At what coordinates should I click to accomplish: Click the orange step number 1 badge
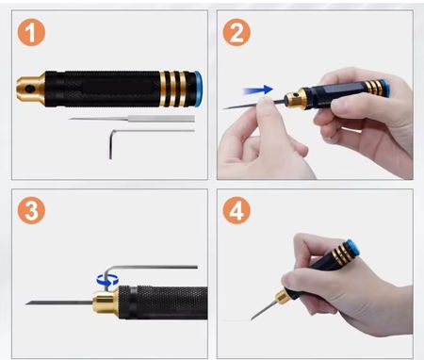pyautogui.click(x=31, y=32)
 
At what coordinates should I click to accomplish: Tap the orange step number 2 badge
pyautogui.click(x=236, y=32)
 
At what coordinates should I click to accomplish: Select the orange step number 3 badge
pyautogui.click(x=31, y=210)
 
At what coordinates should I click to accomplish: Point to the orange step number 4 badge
pyautogui.click(x=236, y=210)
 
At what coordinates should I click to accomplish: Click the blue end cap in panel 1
pyautogui.click(x=198, y=89)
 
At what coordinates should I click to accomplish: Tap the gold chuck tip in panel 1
pyautogui.click(x=30, y=89)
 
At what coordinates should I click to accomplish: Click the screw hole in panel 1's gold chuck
pyautogui.click(x=30, y=90)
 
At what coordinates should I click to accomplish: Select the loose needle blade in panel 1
pyautogui.click(x=132, y=119)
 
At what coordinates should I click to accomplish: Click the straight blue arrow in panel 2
pyautogui.click(x=257, y=90)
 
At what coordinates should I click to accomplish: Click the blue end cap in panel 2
pyautogui.click(x=385, y=88)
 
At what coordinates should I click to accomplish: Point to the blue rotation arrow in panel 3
pyautogui.click(x=107, y=279)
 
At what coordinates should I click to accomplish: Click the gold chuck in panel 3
pyautogui.click(x=106, y=303)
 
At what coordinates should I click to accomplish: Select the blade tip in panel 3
pyautogui.click(x=26, y=303)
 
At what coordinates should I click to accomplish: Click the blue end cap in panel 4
pyautogui.click(x=352, y=248)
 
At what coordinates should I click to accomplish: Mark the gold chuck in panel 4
pyautogui.click(x=284, y=297)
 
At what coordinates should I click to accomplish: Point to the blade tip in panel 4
pyautogui.click(x=252, y=319)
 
